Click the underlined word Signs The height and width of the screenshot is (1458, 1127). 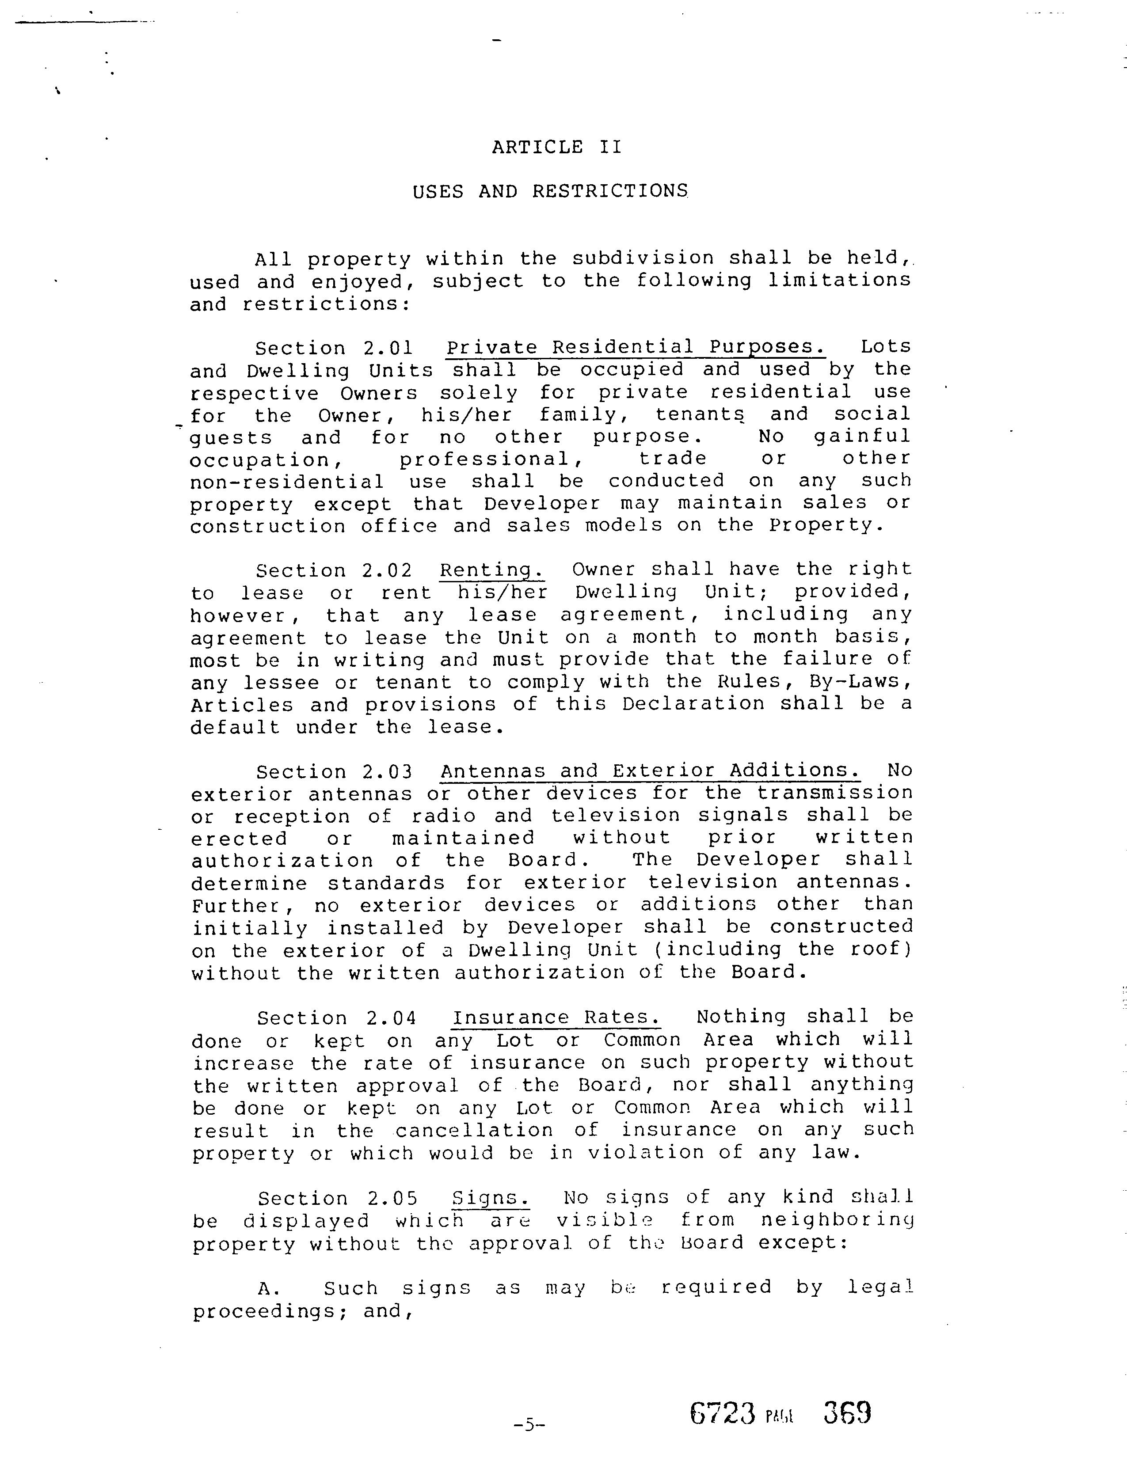pyautogui.click(x=490, y=1198)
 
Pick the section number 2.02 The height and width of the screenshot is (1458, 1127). pyautogui.click(x=387, y=571)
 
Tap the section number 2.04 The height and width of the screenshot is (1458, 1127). pyautogui.click(x=391, y=1018)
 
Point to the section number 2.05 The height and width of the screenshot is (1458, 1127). pyautogui.click(x=392, y=1198)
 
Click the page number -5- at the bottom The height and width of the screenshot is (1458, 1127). pyautogui.click(x=529, y=1424)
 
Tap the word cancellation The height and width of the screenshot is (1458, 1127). pyautogui.click(x=475, y=1130)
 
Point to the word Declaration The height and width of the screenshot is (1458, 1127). pyautogui.click(x=693, y=704)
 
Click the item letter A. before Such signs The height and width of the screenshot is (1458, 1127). pyautogui.click(x=267, y=1288)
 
